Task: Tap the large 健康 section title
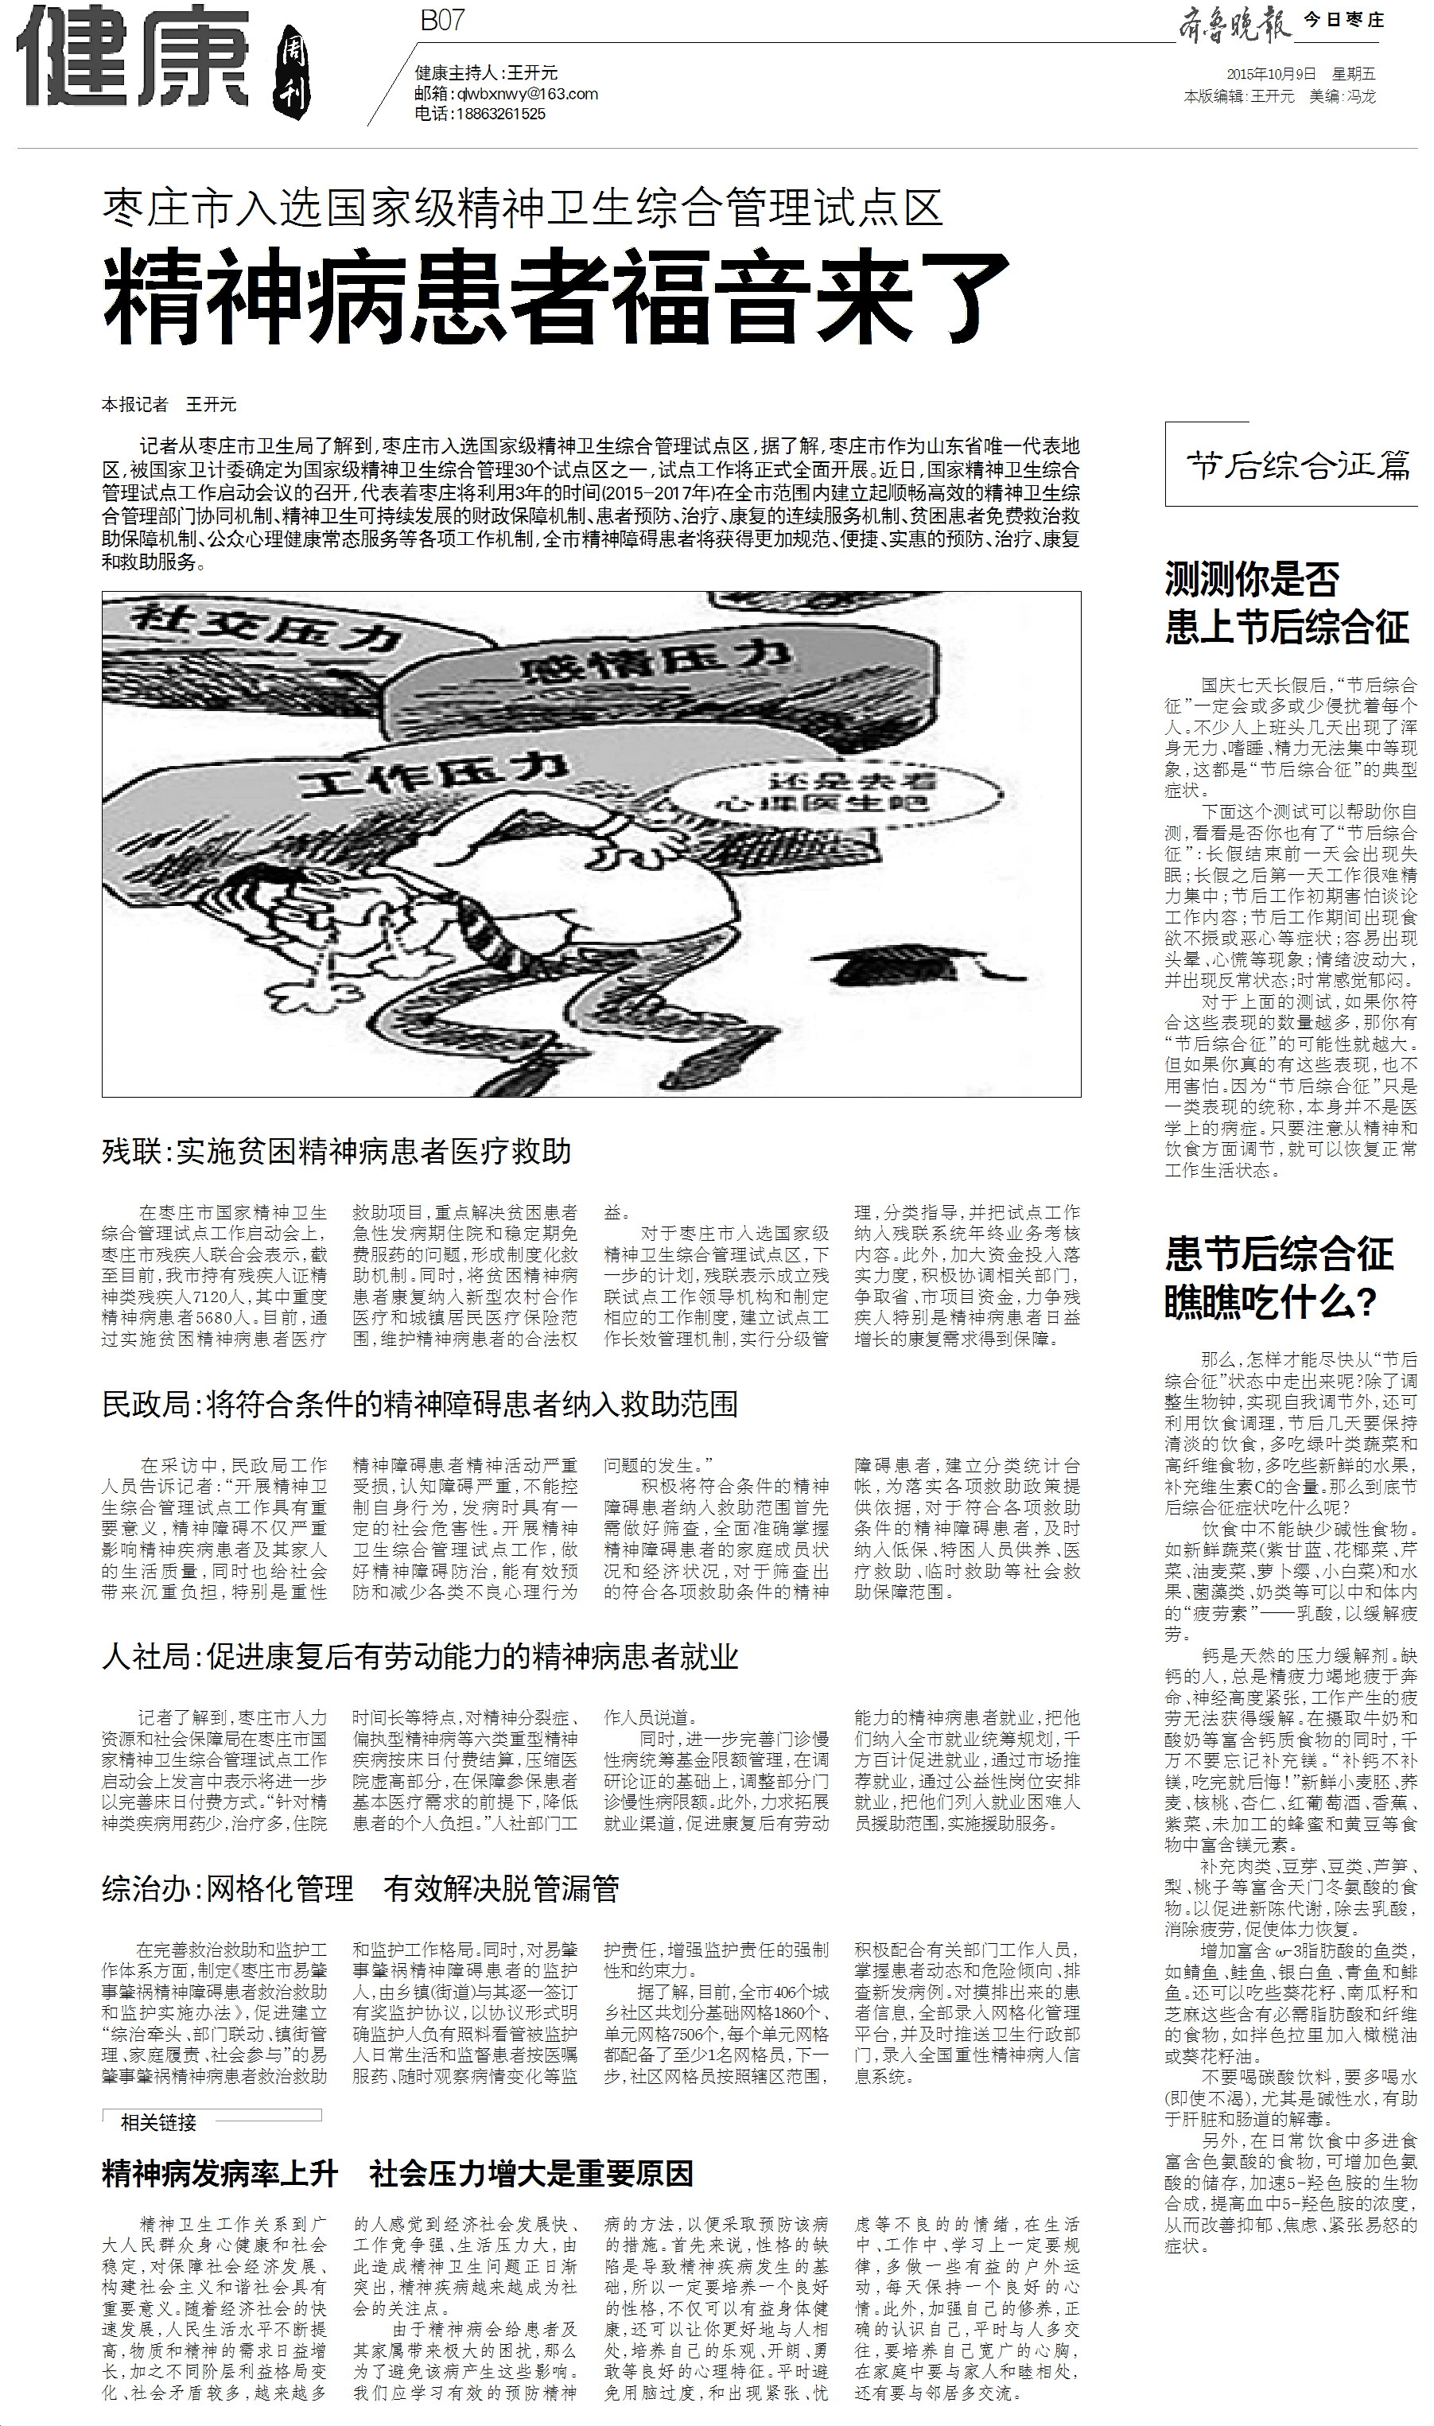135,60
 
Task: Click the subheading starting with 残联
337,1151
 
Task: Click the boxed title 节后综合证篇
1299,467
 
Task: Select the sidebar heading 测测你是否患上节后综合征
1286,604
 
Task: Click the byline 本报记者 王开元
169,404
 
